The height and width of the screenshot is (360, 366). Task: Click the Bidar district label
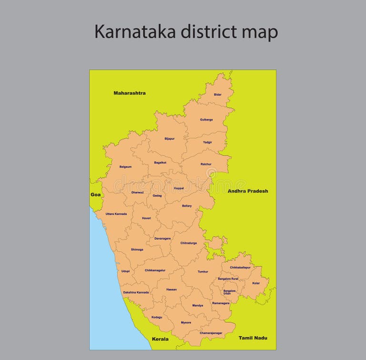pos(217,94)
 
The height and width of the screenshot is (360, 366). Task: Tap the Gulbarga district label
pos(206,120)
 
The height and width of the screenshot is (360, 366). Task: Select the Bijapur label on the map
pos(170,139)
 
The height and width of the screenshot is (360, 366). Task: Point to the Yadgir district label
pos(207,142)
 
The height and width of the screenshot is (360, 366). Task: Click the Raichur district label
pos(206,164)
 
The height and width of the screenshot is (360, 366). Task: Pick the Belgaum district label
pos(125,167)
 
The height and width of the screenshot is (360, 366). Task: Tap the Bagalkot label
pos(160,163)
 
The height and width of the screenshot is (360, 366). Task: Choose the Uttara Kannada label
pos(116,214)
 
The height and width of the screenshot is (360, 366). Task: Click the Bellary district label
pos(187,206)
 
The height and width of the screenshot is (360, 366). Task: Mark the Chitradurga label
pos(188,243)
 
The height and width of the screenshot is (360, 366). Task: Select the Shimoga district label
pos(137,249)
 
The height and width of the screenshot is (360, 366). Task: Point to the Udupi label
pos(125,271)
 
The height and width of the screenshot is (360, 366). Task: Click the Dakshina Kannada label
pos(136,292)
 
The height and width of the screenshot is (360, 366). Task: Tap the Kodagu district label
pos(157,317)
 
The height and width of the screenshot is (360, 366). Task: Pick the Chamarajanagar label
pos(211,333)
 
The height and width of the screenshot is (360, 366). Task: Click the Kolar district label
pos(256,283)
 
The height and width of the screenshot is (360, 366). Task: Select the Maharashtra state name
pos(130,93)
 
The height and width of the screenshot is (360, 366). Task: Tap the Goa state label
pos(95,195)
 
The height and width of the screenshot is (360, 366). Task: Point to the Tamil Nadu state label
pos(253,338)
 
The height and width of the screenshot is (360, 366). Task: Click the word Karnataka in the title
pos(135,32)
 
